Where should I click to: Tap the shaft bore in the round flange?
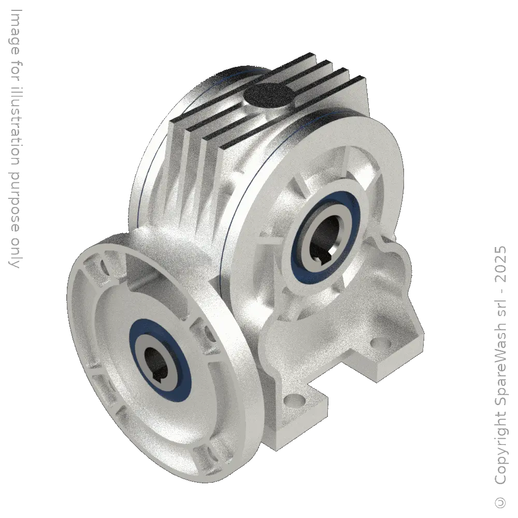[156, 357]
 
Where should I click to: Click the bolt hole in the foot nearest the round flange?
[296, 400]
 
